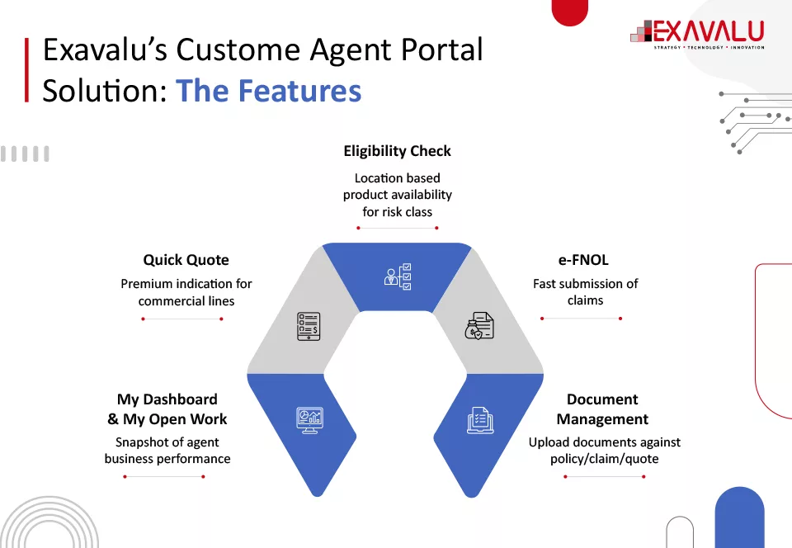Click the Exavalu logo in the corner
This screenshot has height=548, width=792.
(x=697, y=33)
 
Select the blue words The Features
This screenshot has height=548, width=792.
(x=268, y=90)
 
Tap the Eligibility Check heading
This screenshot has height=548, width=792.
(x=397, y=151)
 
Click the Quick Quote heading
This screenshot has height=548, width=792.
(x=186, y=260)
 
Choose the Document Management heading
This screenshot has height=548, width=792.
(x=602, y=409)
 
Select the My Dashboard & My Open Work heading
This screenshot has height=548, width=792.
(x=167, y=409)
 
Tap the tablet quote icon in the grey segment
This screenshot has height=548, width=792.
(x=309, y=326)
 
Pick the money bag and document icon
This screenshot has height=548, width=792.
(x=479, y=326)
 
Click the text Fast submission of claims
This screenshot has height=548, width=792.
(x=585, y=292)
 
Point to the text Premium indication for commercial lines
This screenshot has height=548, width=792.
(x=186, y=292)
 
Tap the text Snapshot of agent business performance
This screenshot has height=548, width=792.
(x=167, y=451)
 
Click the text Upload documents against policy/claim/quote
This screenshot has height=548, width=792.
(x=604, y=451)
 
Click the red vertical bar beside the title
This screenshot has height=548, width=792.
(x=27, y=69)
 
